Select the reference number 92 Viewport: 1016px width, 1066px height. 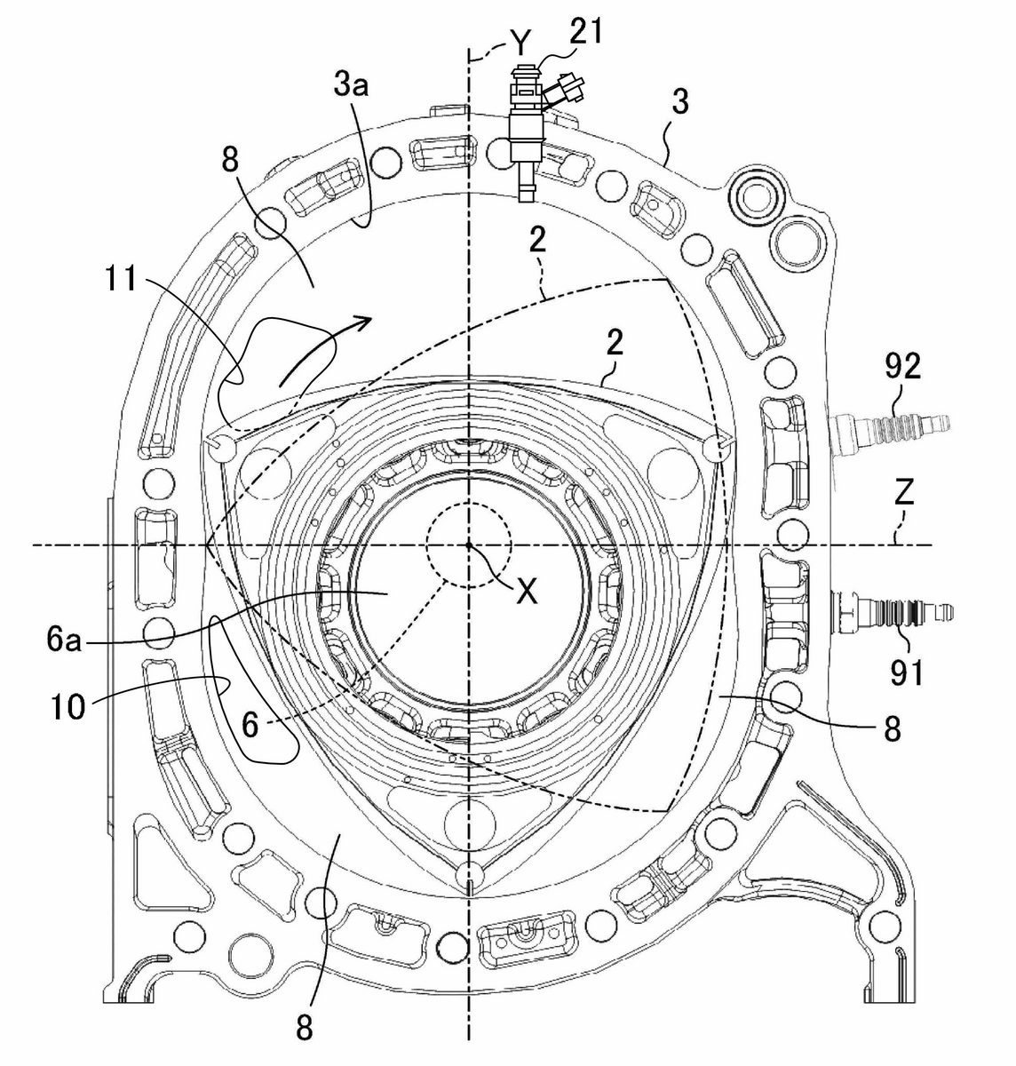click(x=902, y=367)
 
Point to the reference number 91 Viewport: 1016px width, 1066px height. click(x=907, y=672)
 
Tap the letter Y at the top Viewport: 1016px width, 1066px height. click(x=520, y=43)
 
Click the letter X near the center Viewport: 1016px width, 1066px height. click(x=527, y=593)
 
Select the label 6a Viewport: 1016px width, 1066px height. click(x=64, y=640)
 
